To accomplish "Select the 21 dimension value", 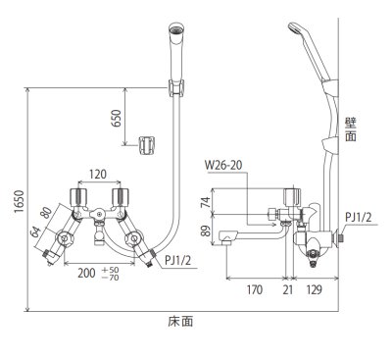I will (x=287, y=289).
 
